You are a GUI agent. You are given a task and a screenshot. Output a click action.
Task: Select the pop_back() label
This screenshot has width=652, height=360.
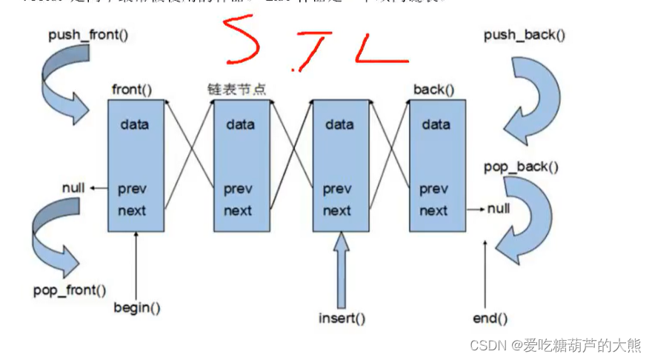pyautogui.click(x=522, y=167)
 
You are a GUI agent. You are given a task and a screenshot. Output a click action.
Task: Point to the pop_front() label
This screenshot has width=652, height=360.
pyautogui.click(x=69, y=290)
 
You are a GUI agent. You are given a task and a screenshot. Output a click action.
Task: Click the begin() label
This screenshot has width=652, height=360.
pyautogui.click(x=137, y=307)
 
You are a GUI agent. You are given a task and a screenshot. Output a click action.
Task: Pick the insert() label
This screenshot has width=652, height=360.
pyautogui.click(x=342, y=319)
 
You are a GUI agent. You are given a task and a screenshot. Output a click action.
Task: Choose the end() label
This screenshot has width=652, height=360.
pyautogui.click(x=490, y=319)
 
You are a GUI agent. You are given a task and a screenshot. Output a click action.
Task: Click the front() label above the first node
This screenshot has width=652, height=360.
pyautogui.click(x=132, y=90)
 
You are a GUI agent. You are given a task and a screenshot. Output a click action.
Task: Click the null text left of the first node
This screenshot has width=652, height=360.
pyautogui.click(x=73, y=188)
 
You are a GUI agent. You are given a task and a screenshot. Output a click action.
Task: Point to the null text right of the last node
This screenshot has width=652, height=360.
pyautogui.click(x=499, y=209)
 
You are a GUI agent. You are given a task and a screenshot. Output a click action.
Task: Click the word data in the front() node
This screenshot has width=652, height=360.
pyautogui.click(x=134, y=124)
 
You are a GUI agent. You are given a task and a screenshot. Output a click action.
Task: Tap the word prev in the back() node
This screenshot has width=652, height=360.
pyautogui.click(x=433, y=190)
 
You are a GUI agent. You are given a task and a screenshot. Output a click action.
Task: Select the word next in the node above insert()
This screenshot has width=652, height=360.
pyautogui.click(x=337, y=211)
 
